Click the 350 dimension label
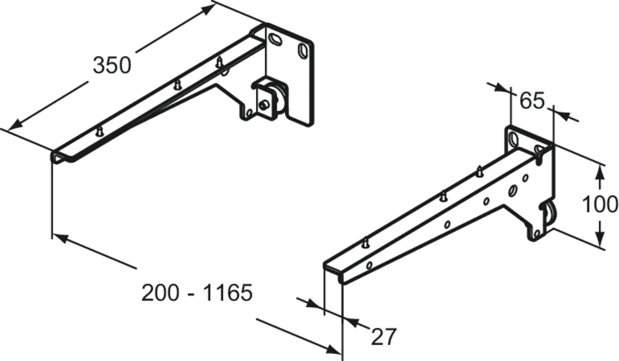pyautogui.click(x=112, y=65)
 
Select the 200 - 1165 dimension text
pyautogui.click(x=197, y=293)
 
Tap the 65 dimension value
pyautogui.click(x=532, y=101)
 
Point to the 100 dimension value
pyautogui.click(x=600, y=205)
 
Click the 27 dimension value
pyautogui.click(x=384, y=337)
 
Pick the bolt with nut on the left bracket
pyautogui.click(x=265, y=105)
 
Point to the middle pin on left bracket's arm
pyautogui.click(x=177, y=85)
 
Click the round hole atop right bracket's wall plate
pyautogui.click(x=514, y=137)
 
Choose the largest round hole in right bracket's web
pyautogui.click(x=513, y=191)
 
